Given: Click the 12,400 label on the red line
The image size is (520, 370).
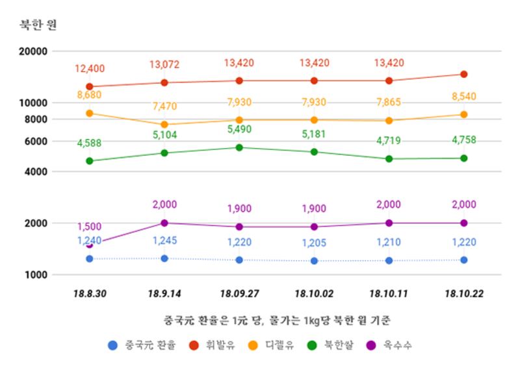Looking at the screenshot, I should (x=90, y=69).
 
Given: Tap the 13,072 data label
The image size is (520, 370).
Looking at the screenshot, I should (x=164, y=64).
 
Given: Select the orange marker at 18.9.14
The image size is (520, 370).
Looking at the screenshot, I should (x=164, y=124).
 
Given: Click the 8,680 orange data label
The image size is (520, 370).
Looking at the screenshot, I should (x=90, y=95).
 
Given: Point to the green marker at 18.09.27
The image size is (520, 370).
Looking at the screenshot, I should (x=239, y=147).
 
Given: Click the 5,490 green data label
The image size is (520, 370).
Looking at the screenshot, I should (x=239, y=129).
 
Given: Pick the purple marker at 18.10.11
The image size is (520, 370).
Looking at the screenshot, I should (x=389, y=223).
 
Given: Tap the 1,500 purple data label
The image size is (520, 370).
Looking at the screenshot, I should (x=90, y=227).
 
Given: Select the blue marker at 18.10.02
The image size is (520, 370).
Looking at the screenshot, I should (x=314, y=261).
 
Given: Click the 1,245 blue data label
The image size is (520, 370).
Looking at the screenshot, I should (x=164, y=241).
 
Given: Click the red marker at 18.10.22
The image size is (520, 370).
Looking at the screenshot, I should (x=463, y=74).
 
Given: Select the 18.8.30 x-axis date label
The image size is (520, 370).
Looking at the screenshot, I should (x=90, y=294).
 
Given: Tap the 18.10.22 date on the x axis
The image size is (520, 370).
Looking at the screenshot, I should (x=463, y=294).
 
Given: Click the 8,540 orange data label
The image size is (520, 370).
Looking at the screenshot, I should (x=463, y=96).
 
